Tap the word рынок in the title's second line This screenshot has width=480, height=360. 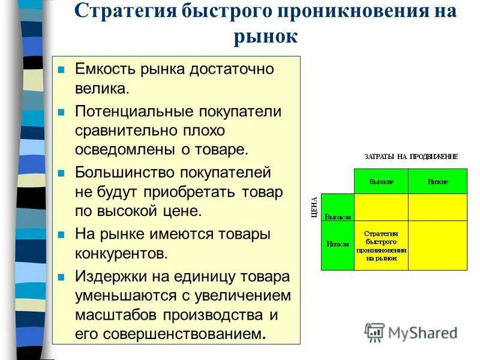265,37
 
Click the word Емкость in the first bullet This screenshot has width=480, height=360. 105,69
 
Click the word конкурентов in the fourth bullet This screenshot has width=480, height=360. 121,253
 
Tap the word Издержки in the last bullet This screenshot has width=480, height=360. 109,277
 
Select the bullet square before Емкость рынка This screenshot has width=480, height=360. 61,70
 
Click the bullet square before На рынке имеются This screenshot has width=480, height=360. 61,235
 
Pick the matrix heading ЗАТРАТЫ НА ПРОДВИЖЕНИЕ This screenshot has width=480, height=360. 411,157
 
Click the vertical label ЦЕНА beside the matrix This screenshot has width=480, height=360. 314,206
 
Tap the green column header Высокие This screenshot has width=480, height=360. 381,181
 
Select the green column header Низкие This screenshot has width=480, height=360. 437,181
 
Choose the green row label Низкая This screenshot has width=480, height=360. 337,244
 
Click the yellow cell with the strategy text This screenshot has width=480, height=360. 381,245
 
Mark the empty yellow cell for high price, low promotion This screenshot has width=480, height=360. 437,207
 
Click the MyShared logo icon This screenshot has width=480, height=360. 374,332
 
